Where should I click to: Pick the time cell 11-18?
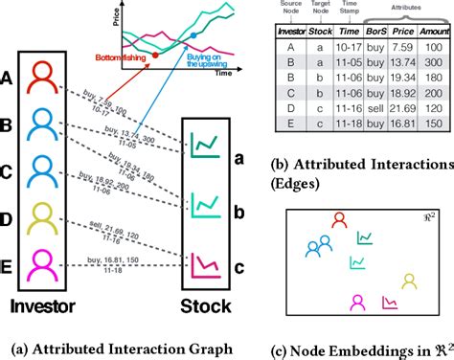(x=346, y=122)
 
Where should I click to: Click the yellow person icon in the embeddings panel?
(x=409, y=281)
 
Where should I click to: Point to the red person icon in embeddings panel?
(x=337, y=221)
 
